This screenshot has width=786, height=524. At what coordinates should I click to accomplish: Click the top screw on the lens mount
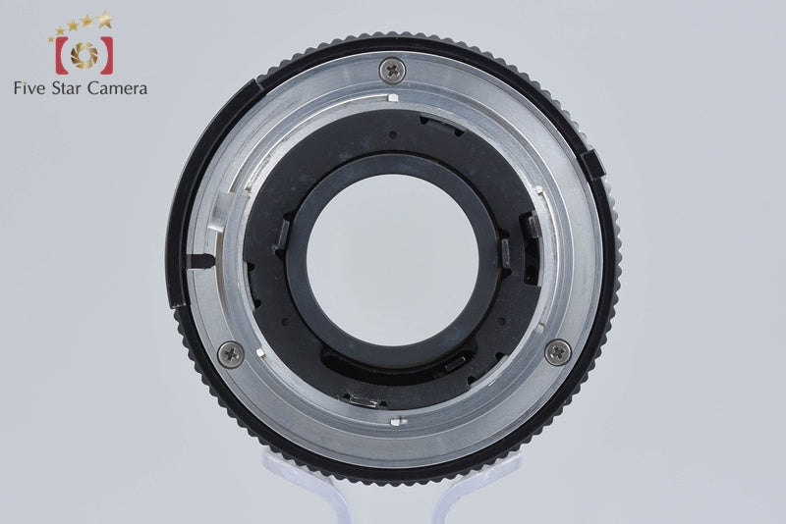click(x=392, y=70)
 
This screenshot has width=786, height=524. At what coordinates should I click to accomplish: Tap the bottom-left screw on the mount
click(x=231, y=354)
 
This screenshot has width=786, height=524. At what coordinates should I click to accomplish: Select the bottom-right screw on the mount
click(x=557, y=352)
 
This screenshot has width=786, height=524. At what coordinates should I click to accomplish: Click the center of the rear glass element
click(x=392, y=259)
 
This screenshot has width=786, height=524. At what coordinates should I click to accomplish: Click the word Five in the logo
click(x=30, y=88)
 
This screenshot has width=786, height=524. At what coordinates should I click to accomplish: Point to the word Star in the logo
click(x=67, y=88)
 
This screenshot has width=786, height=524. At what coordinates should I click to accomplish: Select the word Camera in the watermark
click(x=117, y=88)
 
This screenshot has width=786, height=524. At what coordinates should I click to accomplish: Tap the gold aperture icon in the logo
click(x=84, y=55)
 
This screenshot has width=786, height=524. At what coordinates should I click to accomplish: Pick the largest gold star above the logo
click(x=105, y=20)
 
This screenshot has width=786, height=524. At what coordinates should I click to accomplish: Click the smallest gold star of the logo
click(x=51, y=38)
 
